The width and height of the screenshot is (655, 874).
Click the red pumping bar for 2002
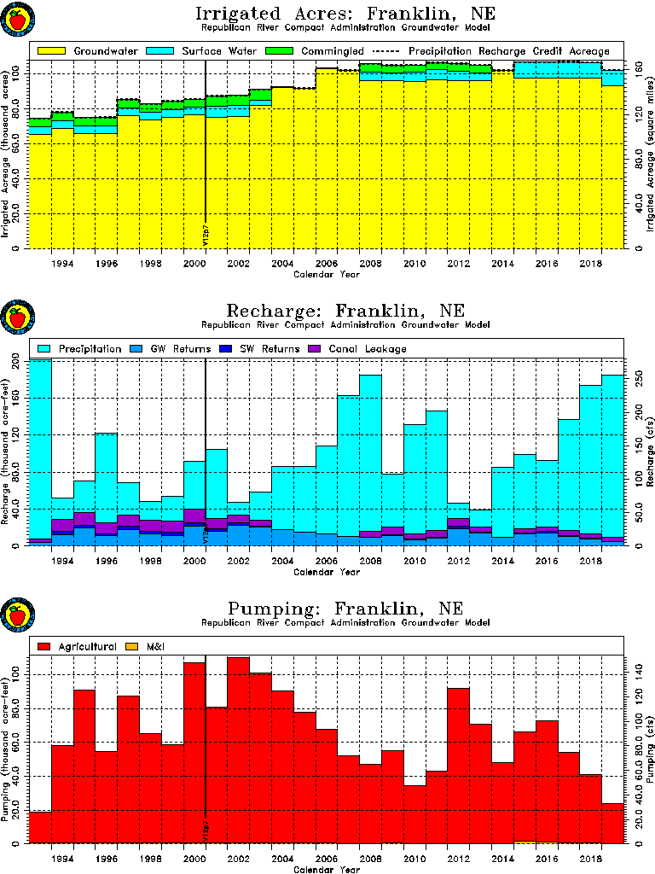coord(238,751)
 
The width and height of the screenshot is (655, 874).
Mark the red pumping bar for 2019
coord(613,823)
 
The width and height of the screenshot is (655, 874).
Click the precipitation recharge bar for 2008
coord(370,452)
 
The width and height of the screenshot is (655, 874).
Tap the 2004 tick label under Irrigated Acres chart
coord(282,264)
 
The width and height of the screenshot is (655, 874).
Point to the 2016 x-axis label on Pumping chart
coord(547,858)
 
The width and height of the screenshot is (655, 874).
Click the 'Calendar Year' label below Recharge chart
coord(327,573)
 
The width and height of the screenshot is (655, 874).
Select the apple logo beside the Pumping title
coord(16,615)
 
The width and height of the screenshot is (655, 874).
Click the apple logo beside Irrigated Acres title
coord(16,19)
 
